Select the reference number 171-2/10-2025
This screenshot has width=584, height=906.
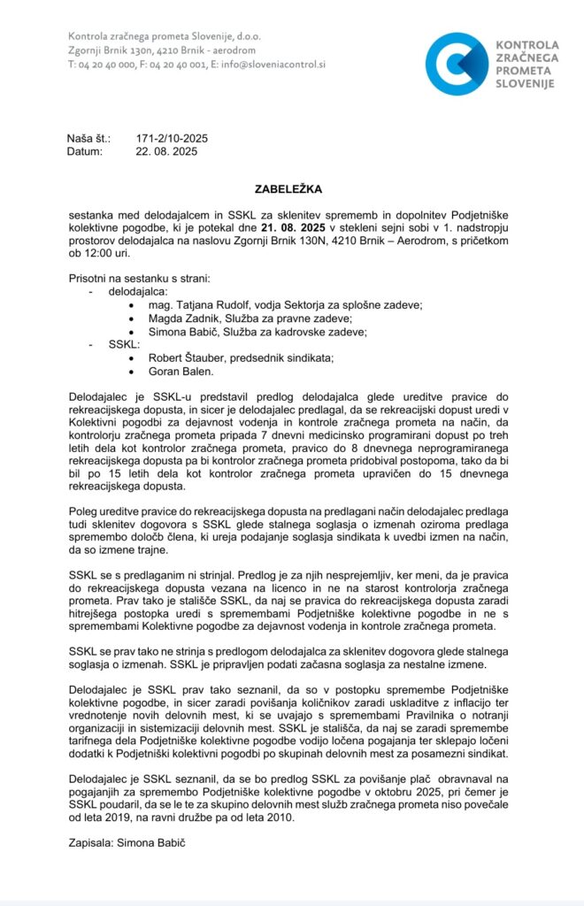pos(172,139)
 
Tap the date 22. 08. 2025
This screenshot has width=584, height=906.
pos(166,151)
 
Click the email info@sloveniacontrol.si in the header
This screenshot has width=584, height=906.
pos(275,65)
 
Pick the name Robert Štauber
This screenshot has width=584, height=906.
pos(169,357)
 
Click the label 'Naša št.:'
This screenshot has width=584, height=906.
pos(89,139)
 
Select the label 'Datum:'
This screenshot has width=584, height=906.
pos(86,151)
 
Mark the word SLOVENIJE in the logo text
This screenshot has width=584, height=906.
pos(525,83)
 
